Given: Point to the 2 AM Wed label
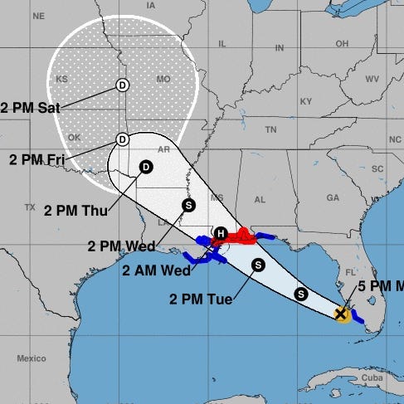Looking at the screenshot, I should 153,270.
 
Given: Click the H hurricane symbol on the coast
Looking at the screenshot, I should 221,233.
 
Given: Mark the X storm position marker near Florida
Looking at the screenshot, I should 340,314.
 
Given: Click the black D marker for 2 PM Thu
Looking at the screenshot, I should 146,167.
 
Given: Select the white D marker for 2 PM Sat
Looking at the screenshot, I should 122,84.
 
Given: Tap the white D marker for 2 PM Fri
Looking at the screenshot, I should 122,139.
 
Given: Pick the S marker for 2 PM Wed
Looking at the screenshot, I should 188,205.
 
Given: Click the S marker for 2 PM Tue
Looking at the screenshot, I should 258,265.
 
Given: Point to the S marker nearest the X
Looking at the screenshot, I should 301,293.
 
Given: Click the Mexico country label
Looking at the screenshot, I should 32,359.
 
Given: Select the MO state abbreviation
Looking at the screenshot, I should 163,80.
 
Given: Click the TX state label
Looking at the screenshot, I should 31,207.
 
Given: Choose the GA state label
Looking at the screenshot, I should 333,197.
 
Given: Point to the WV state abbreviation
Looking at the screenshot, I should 372,79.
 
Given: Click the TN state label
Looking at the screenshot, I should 270,130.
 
